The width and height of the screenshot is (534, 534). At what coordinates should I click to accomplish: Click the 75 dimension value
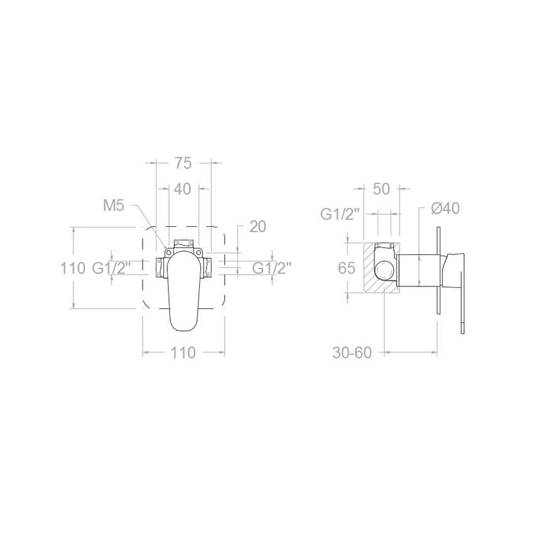point(183,163)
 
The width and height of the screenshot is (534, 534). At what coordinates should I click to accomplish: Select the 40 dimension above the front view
point(183,189)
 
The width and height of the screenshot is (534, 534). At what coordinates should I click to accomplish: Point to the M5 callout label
point(114,205)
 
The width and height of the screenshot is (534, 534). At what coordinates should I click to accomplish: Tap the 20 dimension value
point(258,226)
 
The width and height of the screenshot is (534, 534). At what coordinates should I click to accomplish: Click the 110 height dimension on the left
point(73,268)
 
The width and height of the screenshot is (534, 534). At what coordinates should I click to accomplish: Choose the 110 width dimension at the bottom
point(183,353)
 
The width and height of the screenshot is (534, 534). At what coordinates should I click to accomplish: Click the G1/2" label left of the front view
point(112,268)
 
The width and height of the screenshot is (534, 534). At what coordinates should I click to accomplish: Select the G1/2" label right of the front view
point(272,268)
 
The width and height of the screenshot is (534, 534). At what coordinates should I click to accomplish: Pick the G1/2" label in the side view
point(340,214)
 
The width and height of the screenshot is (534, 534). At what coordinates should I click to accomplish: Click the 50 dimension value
point(381,189)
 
